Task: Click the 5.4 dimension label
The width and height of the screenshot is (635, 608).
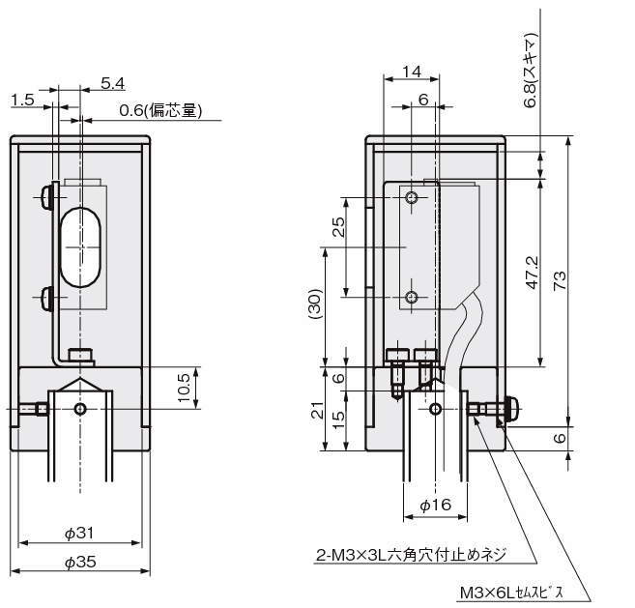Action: [113, 84]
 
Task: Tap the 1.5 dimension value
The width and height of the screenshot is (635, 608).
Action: [23, 100]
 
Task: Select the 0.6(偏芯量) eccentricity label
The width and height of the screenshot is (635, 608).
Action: [160, 111]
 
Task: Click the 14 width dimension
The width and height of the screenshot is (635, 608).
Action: [413, 72]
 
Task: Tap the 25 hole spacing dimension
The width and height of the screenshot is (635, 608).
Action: [337, 228]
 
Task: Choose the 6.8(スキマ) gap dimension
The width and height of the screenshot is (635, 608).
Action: [531, 69]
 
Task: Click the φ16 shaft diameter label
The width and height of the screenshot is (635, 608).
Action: [435, 505]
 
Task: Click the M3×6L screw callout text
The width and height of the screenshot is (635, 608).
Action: [523, 592]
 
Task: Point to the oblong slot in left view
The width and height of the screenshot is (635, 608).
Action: [80, 246]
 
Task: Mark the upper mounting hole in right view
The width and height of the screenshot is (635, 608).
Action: [413, 198]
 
